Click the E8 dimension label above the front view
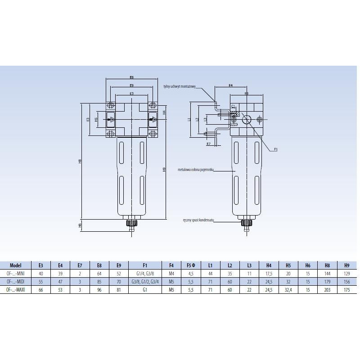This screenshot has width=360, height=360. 131,77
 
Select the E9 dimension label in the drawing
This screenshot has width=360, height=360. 131,85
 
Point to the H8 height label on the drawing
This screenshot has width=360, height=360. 80,161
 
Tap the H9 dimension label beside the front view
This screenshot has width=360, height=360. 165,170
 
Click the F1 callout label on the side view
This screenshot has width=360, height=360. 276,148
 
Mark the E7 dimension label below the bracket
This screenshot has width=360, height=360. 208,144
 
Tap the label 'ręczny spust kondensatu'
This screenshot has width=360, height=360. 198,220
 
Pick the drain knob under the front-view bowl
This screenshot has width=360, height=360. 132,223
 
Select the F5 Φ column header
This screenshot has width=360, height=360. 191,265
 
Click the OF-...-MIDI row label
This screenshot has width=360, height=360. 16,281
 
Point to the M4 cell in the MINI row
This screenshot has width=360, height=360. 171,273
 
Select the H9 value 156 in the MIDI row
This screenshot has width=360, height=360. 346,281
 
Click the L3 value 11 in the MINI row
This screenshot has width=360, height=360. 249,273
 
